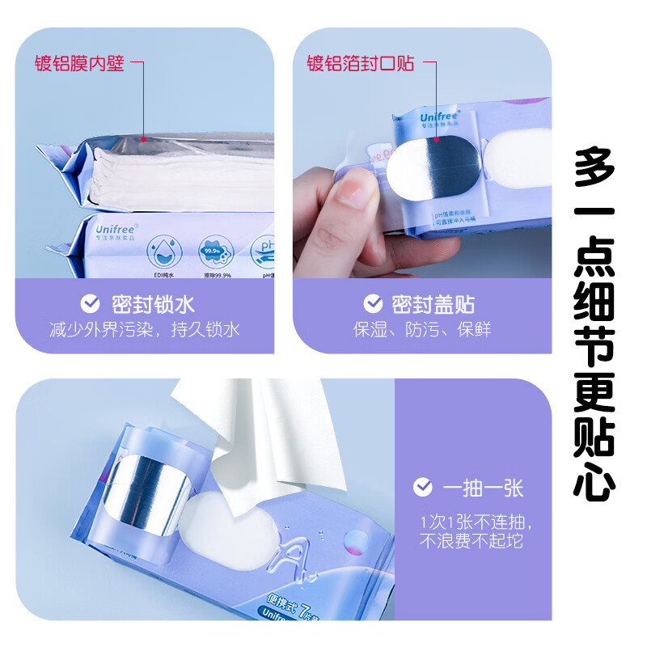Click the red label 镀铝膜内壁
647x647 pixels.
tap(79, 63)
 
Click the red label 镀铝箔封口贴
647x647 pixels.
tap(360, 63)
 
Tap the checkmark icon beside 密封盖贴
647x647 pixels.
tap(373, 304)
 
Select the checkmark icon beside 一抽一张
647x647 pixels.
tap(422, 487)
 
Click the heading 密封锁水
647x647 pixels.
tap(153, 304)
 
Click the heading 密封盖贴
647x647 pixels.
tap(433, 304)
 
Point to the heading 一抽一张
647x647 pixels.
tap(483, 488)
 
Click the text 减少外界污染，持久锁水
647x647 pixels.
tap(144, 330)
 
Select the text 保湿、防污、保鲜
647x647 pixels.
tap(422, 330)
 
